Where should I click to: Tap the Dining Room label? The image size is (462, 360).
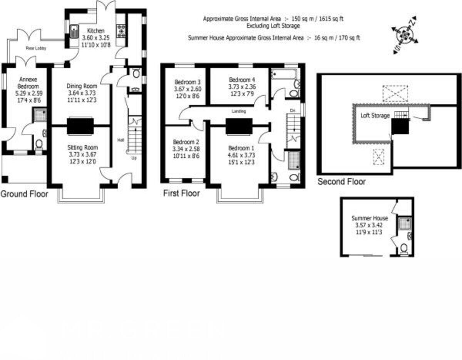tap(82, 86)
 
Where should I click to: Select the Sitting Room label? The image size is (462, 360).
tap(82, 147)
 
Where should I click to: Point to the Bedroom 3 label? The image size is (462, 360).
tap(187, 82)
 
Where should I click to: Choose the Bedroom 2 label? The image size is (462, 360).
tap(186, 142)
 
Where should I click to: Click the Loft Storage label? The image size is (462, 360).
tap(375, 115)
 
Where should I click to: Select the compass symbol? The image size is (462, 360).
tap(404, 35)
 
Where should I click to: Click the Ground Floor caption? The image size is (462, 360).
tap(24, 194)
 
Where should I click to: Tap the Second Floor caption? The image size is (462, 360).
tap(341, 182)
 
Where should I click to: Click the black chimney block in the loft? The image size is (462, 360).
tap(400, 127)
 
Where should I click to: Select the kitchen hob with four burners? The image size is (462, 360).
tap(121, 31)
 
